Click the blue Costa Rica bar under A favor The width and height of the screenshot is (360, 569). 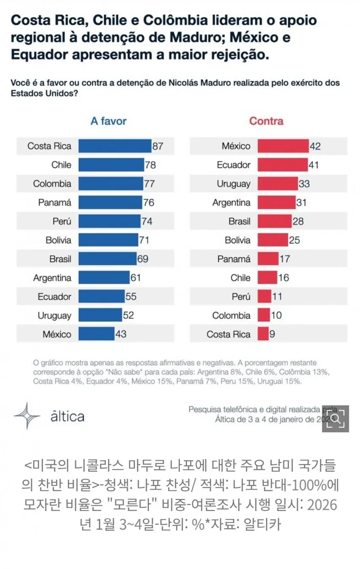(115, 146)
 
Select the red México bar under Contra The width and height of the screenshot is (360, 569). (283, 146)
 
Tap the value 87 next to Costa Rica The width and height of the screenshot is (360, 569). (158, 146)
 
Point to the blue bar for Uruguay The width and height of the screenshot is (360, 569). (100, 315)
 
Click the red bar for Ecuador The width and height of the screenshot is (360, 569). (282, 165)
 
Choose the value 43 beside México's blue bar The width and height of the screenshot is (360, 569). (121, 334)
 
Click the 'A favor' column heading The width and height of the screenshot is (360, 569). (108, 121)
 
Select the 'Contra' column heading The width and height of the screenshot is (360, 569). (266, 121)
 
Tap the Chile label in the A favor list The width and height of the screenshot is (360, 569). (61, 165)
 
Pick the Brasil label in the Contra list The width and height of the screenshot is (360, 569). (239, 221)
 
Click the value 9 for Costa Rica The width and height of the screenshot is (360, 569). (272, 334)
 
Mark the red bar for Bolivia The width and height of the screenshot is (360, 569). (273, 240)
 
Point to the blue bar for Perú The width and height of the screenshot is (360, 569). (109, 221)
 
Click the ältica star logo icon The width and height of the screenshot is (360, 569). (27, 416)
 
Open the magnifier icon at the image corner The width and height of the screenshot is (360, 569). (335, 419)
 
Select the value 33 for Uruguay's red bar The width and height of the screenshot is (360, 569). (304, 184)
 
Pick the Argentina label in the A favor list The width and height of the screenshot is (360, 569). (53, 278)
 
